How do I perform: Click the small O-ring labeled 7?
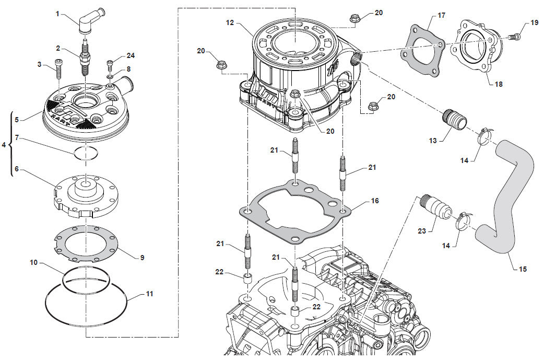85,153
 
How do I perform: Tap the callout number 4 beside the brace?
4,145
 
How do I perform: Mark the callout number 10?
33,263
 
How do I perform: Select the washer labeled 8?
110,78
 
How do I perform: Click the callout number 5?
17,120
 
